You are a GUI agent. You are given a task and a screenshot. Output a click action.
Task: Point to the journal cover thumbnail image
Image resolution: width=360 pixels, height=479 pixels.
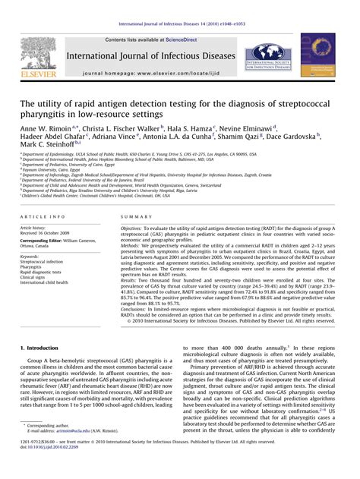(317, 55)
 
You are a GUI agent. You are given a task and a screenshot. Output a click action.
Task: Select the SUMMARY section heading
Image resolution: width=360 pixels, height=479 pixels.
(137, 216)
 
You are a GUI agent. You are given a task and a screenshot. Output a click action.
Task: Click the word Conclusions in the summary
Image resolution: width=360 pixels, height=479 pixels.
(138, 307)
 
